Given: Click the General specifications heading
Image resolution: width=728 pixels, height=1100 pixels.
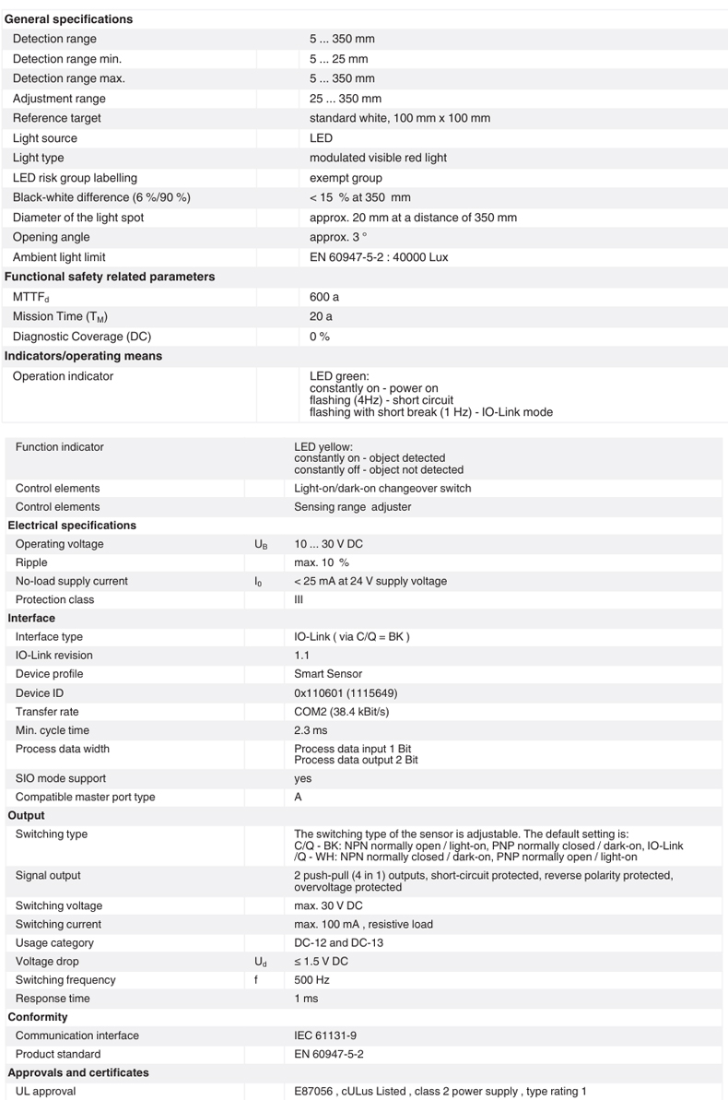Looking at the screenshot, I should tap(68, 19).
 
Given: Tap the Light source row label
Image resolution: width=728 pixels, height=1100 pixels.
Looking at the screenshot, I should tap(45, 138).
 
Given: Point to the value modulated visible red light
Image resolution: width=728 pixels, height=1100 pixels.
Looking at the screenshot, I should tap(378, 158).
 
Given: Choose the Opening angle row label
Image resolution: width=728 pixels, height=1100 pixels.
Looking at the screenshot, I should tap(52, 238).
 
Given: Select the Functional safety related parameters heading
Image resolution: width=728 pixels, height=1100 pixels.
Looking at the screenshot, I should tap(110, 277).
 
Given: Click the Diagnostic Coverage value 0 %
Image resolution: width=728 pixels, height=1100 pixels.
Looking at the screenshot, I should tap(320, 337).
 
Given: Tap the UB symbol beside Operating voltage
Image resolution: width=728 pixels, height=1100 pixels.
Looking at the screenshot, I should tap(261, 545).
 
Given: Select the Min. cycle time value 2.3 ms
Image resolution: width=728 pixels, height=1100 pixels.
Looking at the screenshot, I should tap(311, 730).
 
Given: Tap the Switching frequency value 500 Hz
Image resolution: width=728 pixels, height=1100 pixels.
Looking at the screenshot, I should tap(311, 980).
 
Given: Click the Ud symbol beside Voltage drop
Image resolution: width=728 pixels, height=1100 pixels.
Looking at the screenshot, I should tap(261, 962).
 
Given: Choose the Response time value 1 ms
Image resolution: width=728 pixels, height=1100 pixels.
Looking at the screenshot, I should tap(305, 999).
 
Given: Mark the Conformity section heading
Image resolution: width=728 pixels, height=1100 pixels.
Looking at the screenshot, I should tap(38, 1017).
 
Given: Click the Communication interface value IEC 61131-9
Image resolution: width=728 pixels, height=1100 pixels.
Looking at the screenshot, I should tap(325, 1035).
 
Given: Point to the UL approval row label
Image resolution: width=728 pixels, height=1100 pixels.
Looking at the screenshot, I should tap(46, 1092).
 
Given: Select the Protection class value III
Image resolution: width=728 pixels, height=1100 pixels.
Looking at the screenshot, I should tap(299, 599).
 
